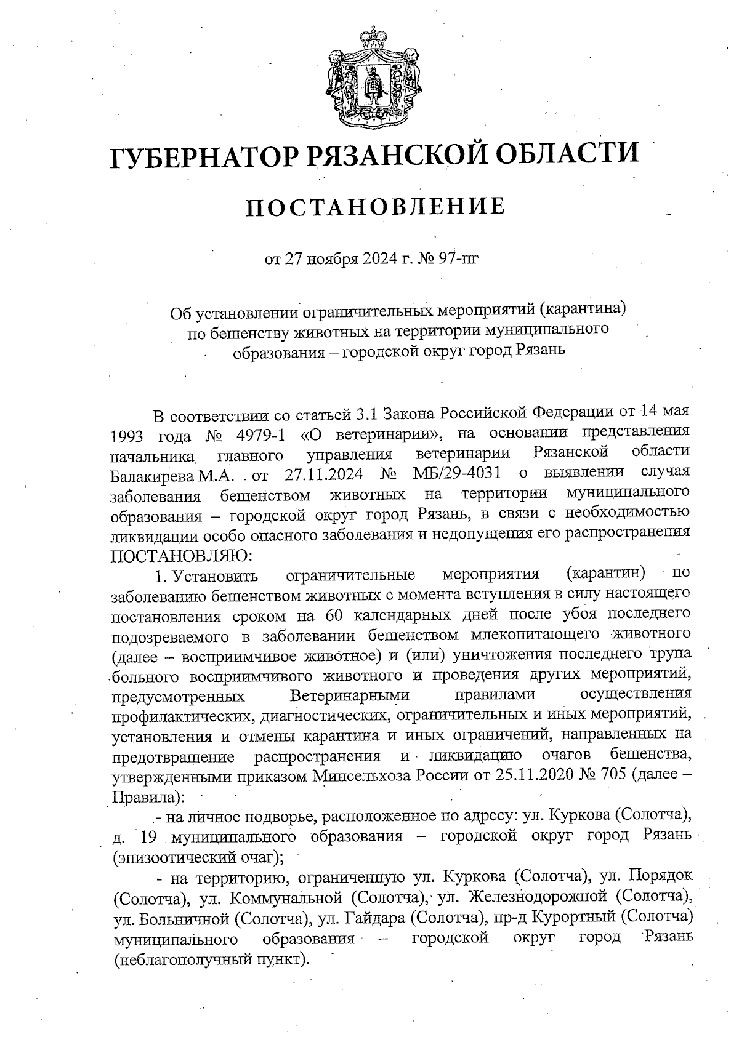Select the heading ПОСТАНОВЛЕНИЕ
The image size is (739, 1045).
coord(376,207)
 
